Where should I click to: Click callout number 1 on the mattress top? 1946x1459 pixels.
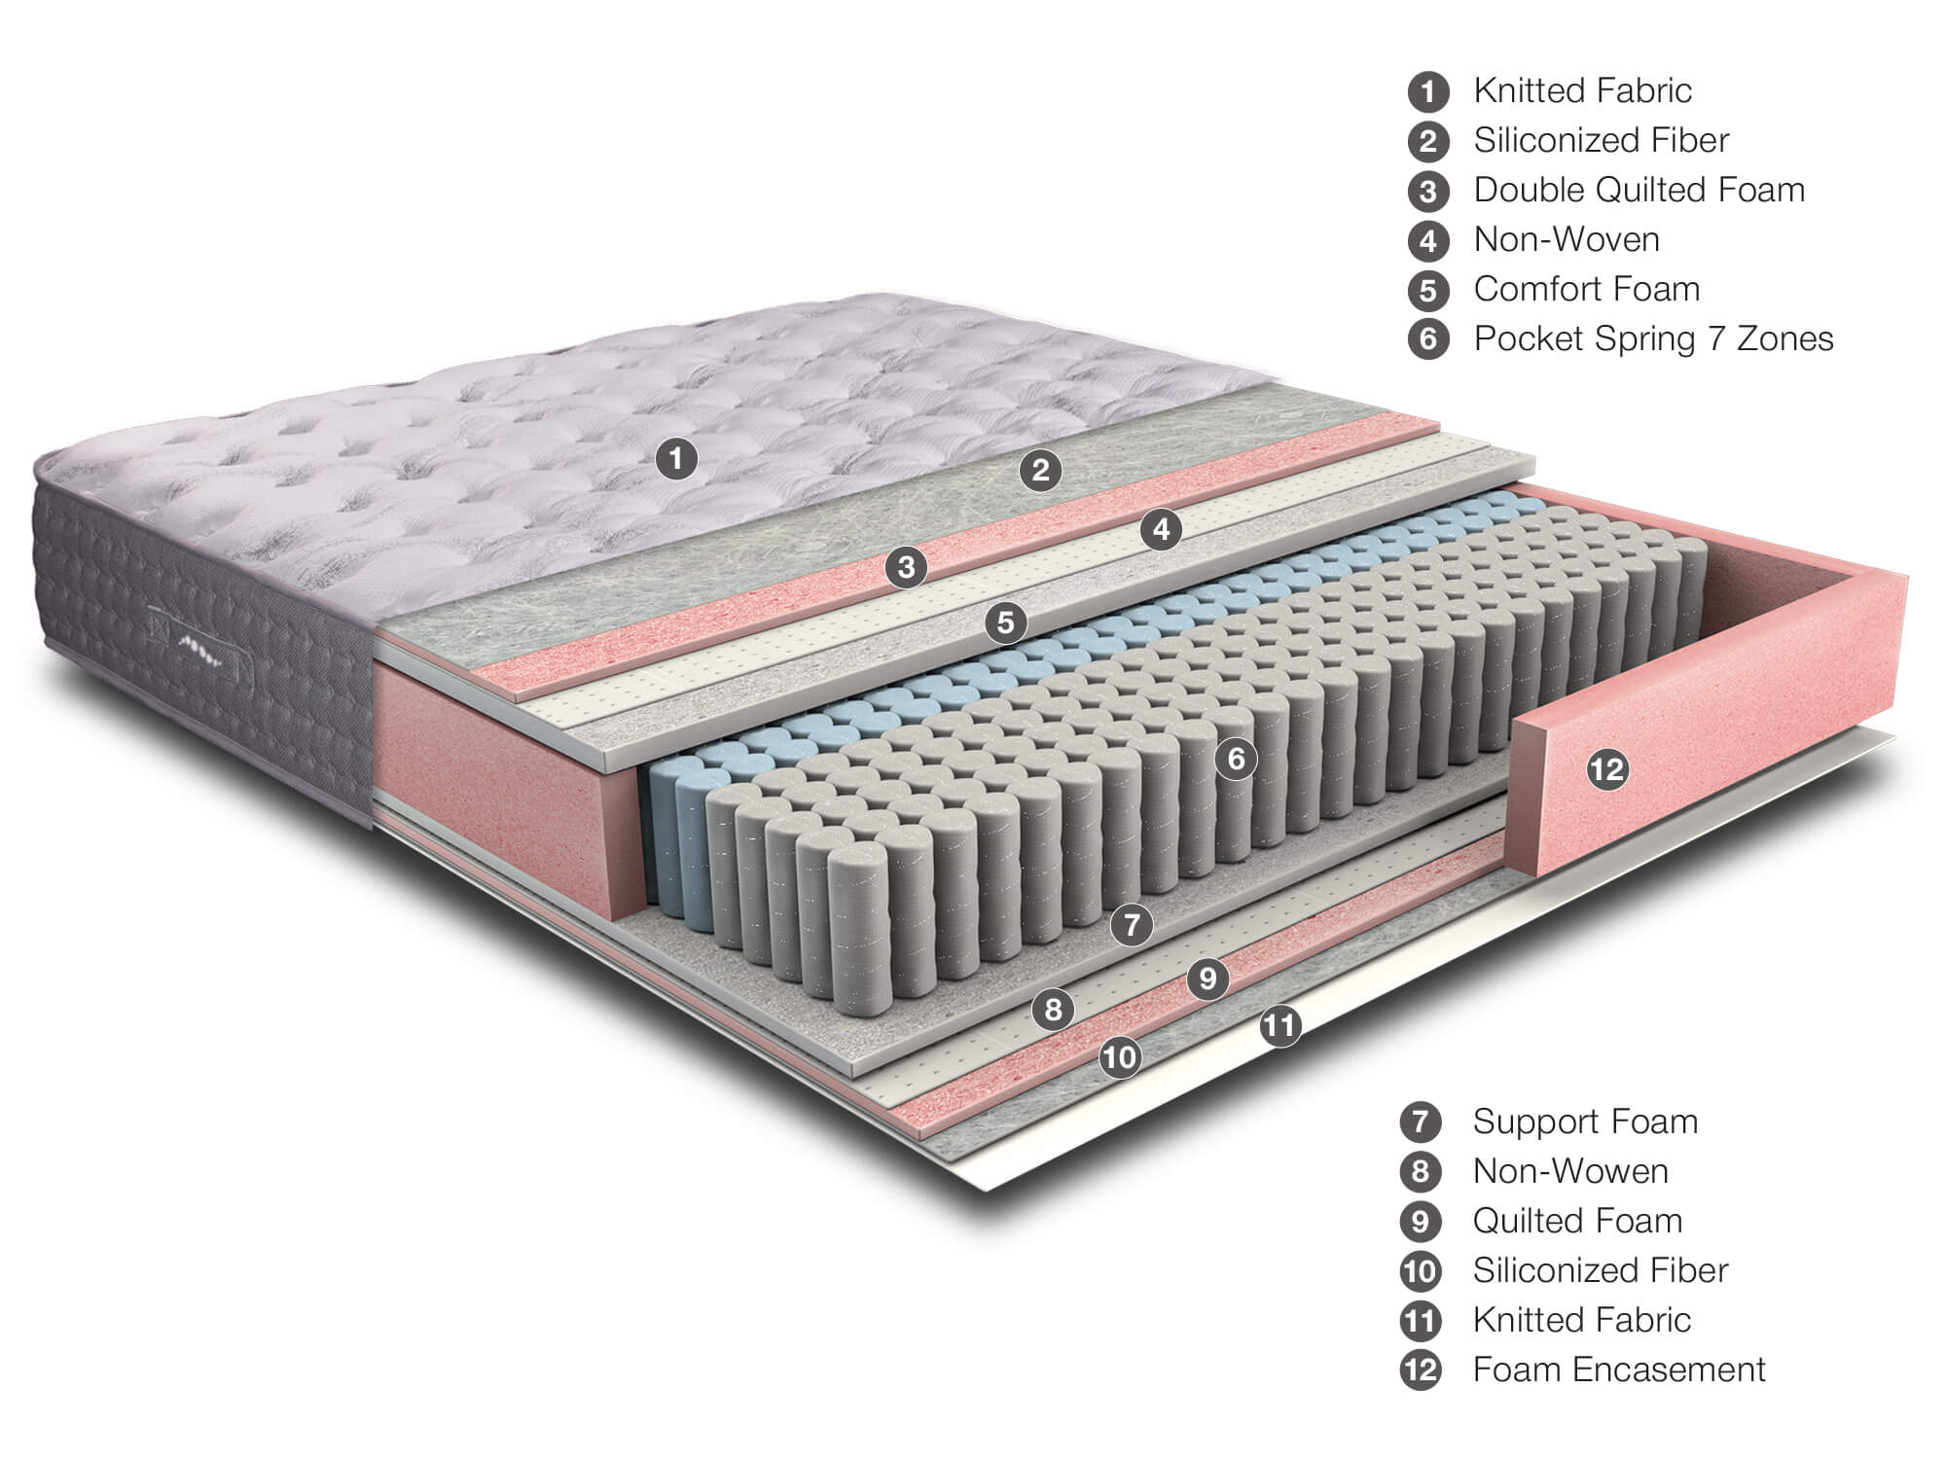[676, 457]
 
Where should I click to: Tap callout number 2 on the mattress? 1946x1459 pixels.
[1040, 471]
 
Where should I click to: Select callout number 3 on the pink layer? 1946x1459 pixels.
[906, 566]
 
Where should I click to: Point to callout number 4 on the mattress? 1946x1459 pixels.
[1161, 530]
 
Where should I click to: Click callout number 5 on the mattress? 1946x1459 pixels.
[1005, 622]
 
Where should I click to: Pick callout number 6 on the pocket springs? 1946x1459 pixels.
[1236, 758]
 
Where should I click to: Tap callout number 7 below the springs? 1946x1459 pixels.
[1131, 923]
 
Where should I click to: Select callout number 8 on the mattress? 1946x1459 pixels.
[1053, 1010]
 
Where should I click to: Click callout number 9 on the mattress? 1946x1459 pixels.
[1207, 977]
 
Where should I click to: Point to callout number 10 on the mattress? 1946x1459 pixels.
[1120, 1056]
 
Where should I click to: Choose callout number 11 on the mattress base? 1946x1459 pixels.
[1280, 1026]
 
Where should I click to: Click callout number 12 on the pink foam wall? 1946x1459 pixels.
[1606, 769]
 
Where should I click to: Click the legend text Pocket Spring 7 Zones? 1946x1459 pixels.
[1653, 338]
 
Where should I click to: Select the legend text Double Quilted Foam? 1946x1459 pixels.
[1640, 190]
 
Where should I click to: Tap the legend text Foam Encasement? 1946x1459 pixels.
[1619, 1369]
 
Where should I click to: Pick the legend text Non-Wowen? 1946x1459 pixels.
[1570, 1170]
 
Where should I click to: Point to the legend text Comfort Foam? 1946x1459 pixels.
[1587, 289]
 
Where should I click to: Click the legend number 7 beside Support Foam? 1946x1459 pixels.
[1421, 1121]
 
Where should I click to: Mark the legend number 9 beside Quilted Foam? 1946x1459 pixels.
[1421, 1221]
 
